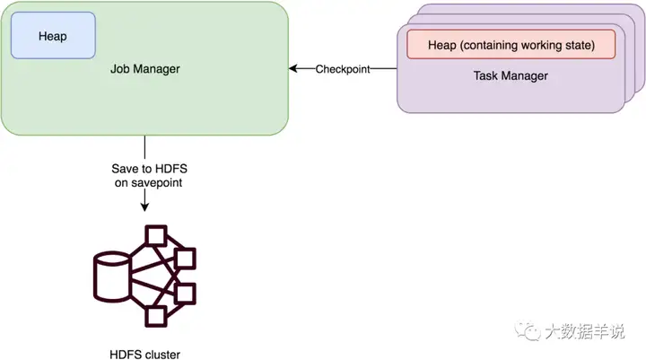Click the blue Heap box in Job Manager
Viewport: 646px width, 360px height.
(x=53, y=36)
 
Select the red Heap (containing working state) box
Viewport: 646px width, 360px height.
(x=511, y=43)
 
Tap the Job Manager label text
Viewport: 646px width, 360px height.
(x=144, y=68)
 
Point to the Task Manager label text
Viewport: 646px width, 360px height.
(x=511, y=75)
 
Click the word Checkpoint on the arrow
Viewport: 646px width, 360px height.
(x=342, y=69)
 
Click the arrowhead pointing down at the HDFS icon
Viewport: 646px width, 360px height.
(x=144, y=206)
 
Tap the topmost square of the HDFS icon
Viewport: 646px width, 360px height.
(x=157, y=236)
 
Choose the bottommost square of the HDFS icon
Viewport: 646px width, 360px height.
(x=157, y=315)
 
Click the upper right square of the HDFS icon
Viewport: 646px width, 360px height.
(x=185, y=259)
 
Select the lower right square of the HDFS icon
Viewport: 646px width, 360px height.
(x=185, y=293)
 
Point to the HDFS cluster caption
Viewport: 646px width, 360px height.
(x=144, y=354)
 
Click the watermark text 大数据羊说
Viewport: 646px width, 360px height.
(x=584, y=332)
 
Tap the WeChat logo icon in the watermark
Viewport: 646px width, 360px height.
(x=528, y=331)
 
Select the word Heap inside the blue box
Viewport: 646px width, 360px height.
(x=53, y=36)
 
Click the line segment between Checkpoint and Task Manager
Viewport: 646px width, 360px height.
(x=383, y=69)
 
